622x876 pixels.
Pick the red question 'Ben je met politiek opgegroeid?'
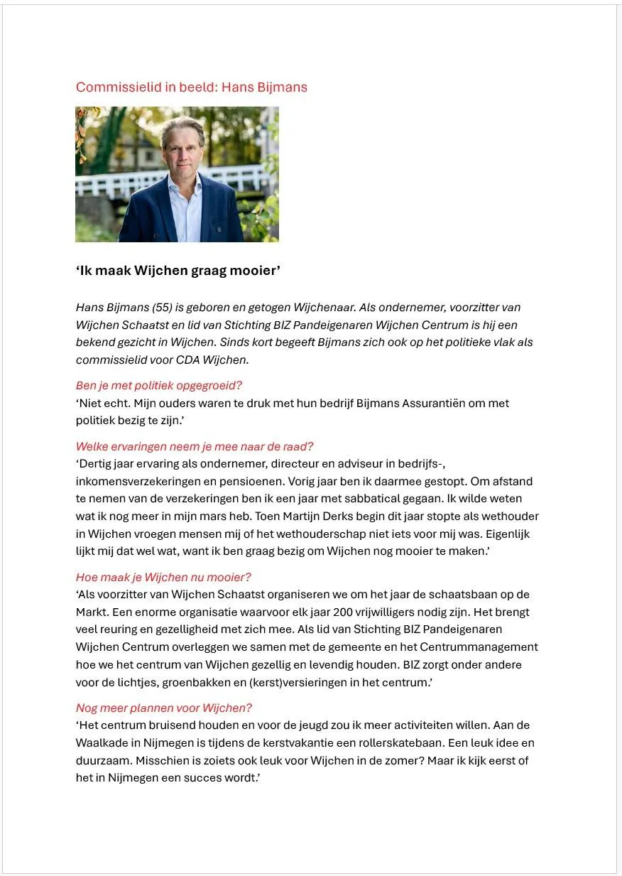pos(159,386)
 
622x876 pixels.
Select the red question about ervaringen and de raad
pos(195,447)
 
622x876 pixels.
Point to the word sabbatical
pos(378,499)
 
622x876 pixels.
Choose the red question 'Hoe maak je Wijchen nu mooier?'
pos(163,578)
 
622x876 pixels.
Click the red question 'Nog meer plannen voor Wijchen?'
pos(164,708)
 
